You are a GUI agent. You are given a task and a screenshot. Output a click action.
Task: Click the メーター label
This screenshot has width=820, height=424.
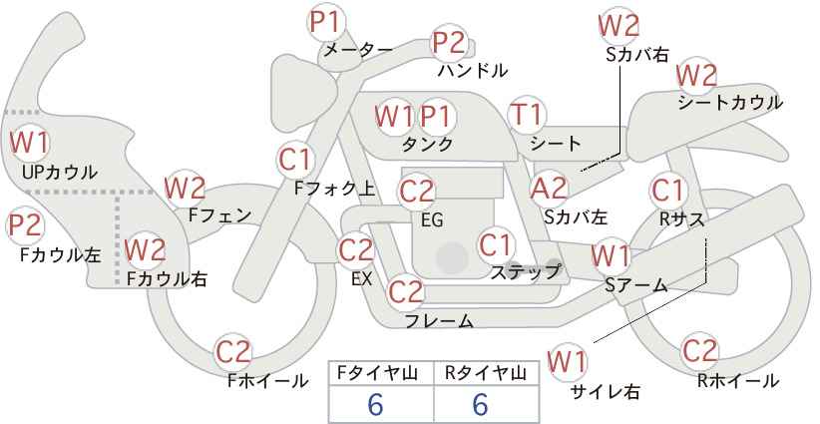(x=358, y=50)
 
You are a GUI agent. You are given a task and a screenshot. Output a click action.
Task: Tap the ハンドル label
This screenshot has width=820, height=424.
(x=473, y=70)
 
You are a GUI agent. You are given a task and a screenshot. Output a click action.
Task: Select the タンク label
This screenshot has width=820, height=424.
(x=427, y=144)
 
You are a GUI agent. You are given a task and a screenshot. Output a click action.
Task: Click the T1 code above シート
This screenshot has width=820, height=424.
(x=527, y=115)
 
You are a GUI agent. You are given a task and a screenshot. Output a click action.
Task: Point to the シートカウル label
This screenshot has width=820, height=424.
(x=730, y=102)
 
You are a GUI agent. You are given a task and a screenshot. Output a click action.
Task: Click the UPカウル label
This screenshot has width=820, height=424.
(x=60, y=172)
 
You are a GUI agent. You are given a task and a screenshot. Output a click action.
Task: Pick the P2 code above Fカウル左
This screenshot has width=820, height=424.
(x=25, y=226)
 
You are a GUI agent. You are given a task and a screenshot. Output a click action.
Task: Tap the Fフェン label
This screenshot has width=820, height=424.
(x=219, y=215)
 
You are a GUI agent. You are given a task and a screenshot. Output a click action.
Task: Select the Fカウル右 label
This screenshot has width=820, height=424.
(x=167, y=278)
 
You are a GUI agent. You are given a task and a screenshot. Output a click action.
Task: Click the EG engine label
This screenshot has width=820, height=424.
(x=432, y=220)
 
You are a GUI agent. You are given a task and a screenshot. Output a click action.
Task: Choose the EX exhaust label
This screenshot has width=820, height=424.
(x=361, y=278)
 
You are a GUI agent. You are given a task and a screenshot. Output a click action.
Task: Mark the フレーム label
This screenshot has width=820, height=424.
(x=439, y=320)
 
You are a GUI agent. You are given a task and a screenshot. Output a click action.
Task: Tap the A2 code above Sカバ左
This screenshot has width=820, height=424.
(x=548, y=190)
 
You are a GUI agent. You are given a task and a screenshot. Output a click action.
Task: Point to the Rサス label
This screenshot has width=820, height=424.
(x=681, y=219)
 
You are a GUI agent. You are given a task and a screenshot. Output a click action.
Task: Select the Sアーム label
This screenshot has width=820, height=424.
(x=635, y=284)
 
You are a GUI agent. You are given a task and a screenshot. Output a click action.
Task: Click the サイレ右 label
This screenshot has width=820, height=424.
(x=606, y=391)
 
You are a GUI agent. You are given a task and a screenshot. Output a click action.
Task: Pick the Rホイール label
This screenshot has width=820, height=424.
(x=738, y=381)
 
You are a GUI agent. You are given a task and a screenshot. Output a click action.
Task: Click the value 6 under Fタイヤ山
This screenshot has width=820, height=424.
(x=375, y=404)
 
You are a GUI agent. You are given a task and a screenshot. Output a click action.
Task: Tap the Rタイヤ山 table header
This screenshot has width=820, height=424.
(x=486, y=373)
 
